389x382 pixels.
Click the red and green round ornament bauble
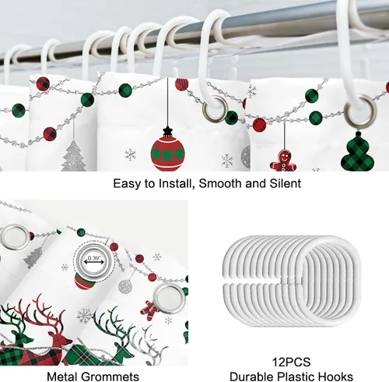coord(168,155)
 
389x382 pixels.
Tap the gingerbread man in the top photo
coord(282,161)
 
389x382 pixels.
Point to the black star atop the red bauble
coord(167,131)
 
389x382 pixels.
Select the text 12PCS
coord(291,362)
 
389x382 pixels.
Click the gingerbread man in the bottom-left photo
coord(149,310)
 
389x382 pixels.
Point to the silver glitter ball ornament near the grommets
coord(125,286)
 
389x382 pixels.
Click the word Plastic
coord(297,377)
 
